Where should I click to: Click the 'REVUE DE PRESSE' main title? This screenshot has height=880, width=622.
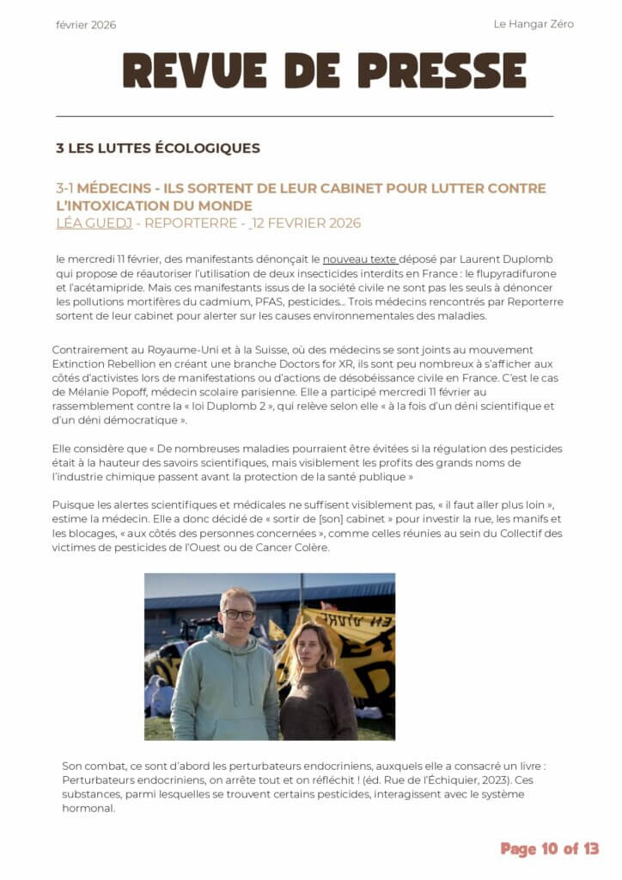[324, 70]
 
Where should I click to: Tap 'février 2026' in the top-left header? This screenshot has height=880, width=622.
[86, 25]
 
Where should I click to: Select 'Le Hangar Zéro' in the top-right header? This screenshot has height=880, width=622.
[533, 24]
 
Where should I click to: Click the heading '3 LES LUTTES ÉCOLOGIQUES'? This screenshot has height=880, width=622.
[157, 148]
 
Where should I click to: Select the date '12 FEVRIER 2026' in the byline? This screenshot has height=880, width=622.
[307, 223]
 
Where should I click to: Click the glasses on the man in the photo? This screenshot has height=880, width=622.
[238, 614]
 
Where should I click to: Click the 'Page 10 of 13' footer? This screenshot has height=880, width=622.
[549, 849]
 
